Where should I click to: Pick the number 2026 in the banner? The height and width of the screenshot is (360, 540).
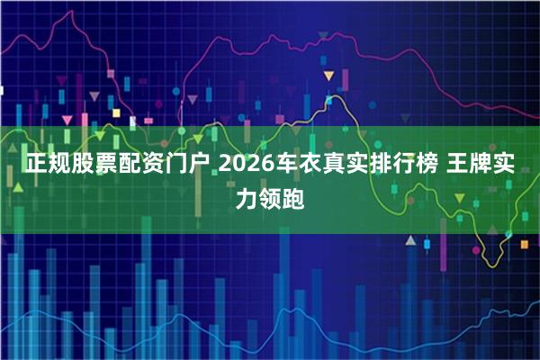coord(247,166)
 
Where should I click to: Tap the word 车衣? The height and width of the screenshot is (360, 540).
coord(301,166)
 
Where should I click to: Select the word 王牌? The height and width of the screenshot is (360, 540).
coord(487,166)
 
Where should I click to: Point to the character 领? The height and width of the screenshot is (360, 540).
coord(269,199)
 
